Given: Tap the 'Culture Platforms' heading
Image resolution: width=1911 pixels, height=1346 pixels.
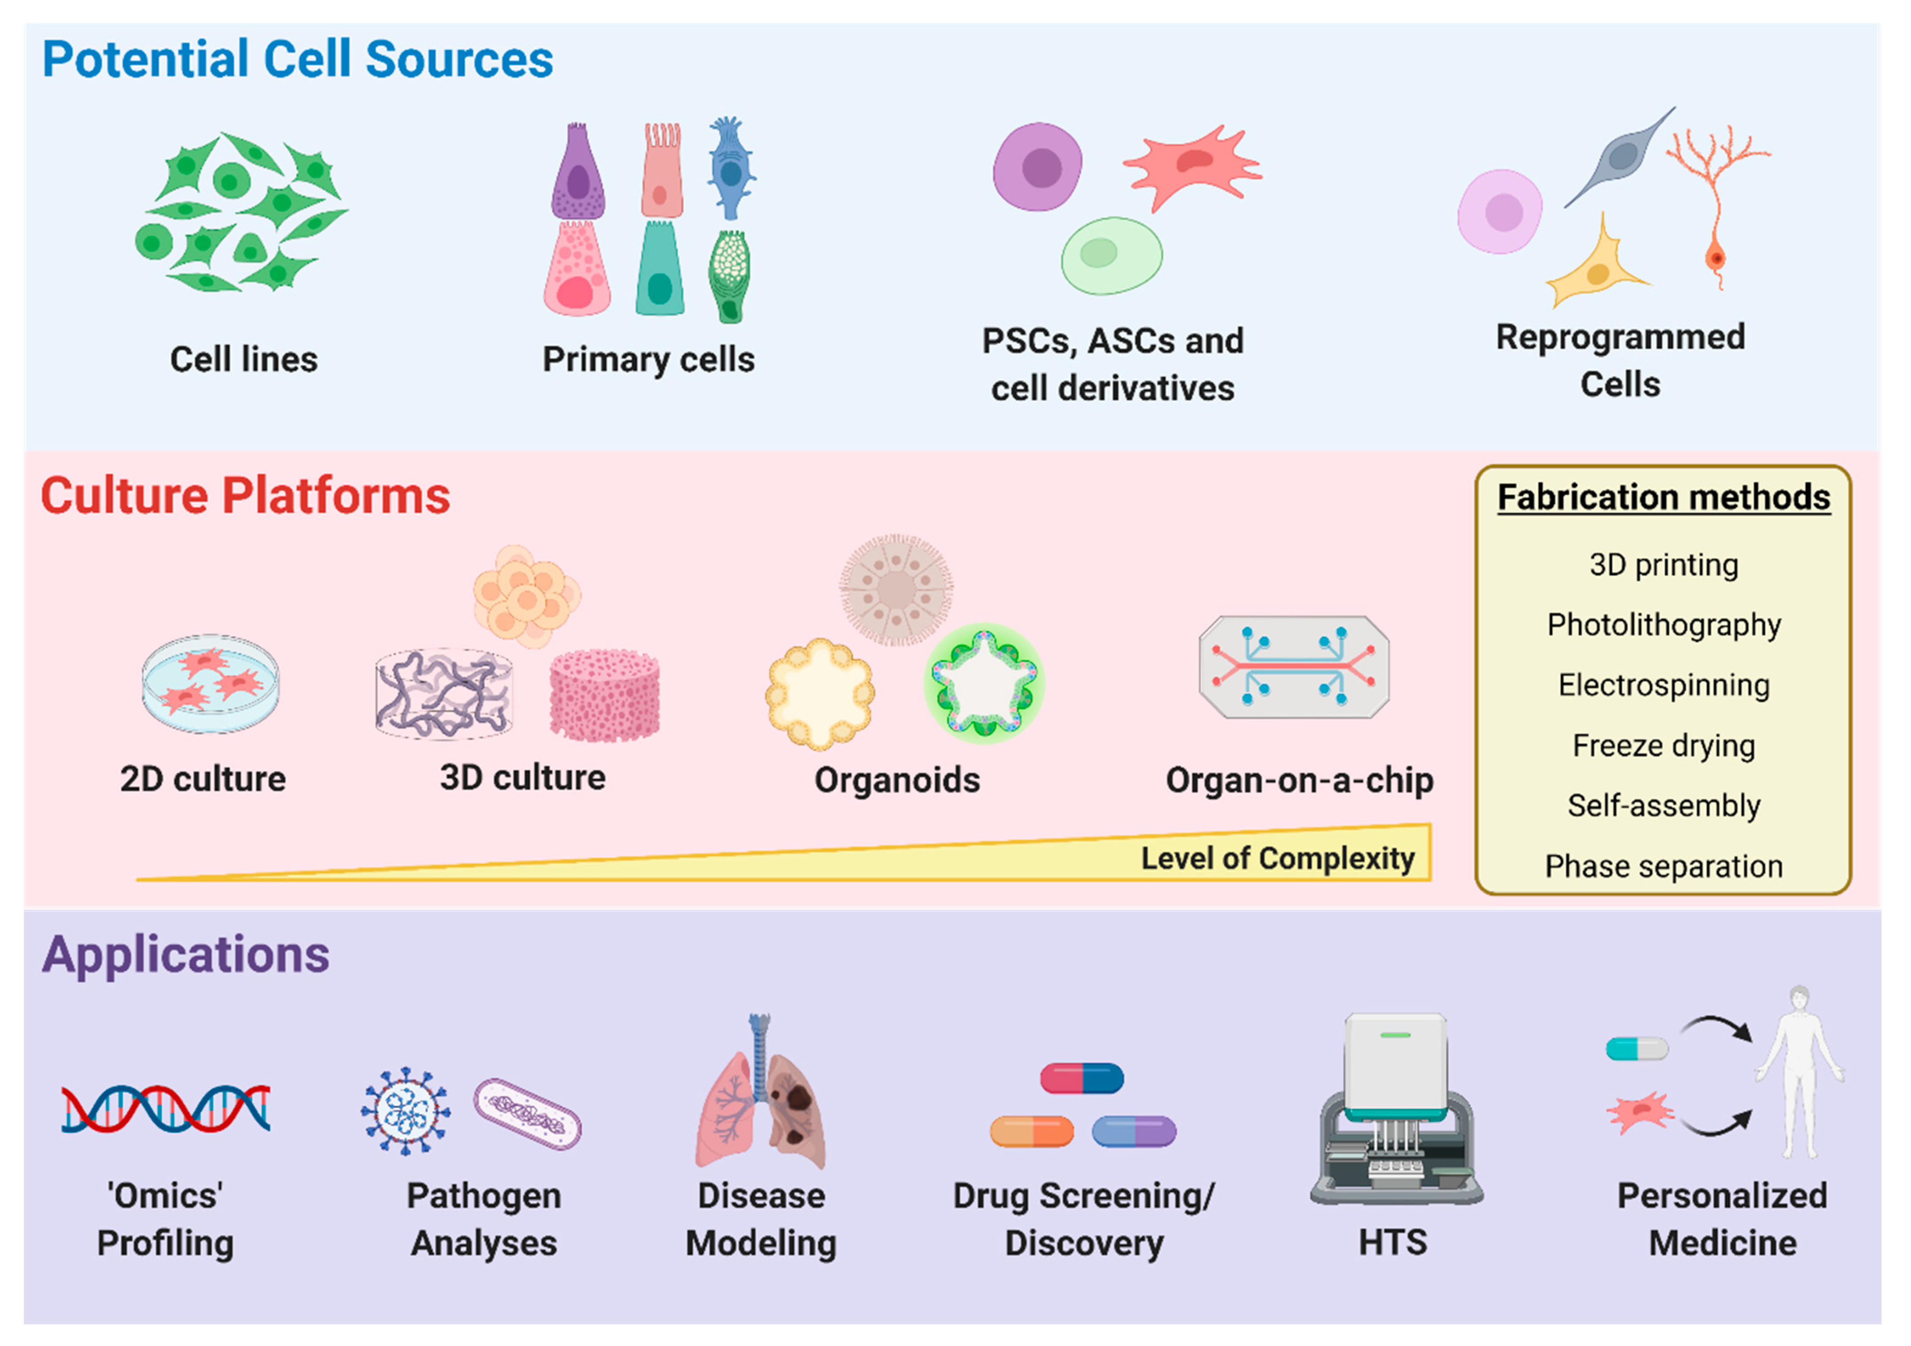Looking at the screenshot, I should (x=246, y=496).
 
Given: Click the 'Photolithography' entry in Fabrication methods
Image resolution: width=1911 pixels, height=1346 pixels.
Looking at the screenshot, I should (x=1663, y=624).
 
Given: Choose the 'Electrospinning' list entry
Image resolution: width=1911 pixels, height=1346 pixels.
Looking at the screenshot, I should (x=1663, y=685).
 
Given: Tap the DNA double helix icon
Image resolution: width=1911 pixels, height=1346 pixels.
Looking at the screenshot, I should (x=166, y=1109).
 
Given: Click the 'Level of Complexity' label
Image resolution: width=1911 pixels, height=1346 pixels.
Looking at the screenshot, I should (x=1277, y=858).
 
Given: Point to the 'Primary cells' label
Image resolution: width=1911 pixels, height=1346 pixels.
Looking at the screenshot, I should (x=648, y=360).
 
